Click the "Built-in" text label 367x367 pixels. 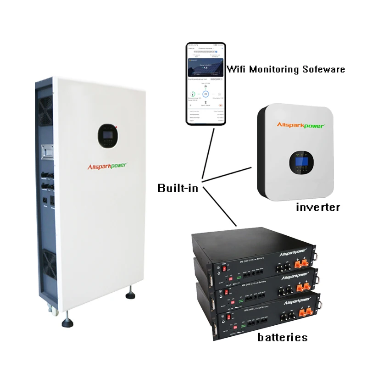coord(178,188)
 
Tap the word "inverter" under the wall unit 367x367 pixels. coord(318,207)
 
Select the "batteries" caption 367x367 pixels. coord(282,338)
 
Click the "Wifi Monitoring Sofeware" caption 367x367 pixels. coord(286,70)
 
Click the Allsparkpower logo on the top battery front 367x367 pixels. coord(294,254)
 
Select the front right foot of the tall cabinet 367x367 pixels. coord(130,293)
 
